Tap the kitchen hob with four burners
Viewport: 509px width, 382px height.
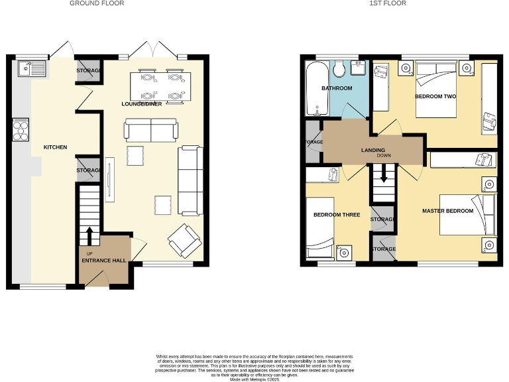21,129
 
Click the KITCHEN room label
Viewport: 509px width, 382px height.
55,147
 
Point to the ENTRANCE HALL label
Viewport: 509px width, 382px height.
103,261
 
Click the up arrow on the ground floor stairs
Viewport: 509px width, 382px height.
88,234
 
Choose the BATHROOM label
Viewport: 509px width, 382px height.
337,88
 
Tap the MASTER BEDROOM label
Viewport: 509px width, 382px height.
448,211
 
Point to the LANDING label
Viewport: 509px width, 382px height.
373,151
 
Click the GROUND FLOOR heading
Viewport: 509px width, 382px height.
97,3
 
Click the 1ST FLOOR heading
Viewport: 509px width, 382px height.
388,3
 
